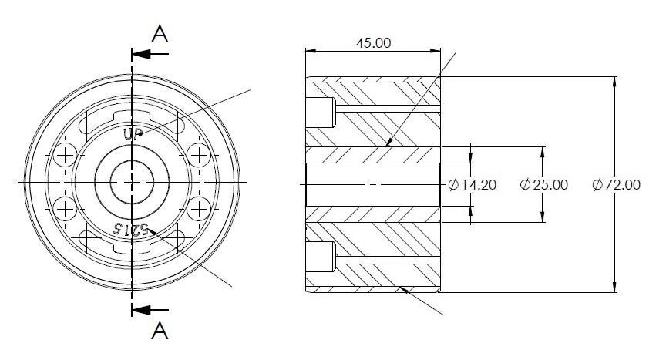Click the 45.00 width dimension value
373,43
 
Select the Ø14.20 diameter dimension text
473,185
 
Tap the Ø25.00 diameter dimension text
544,185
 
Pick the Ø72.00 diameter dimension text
617,185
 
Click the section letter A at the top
160,34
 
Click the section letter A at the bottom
160,330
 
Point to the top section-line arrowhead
141,54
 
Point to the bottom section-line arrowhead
141,310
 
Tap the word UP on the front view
133,133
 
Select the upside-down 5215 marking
130,229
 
